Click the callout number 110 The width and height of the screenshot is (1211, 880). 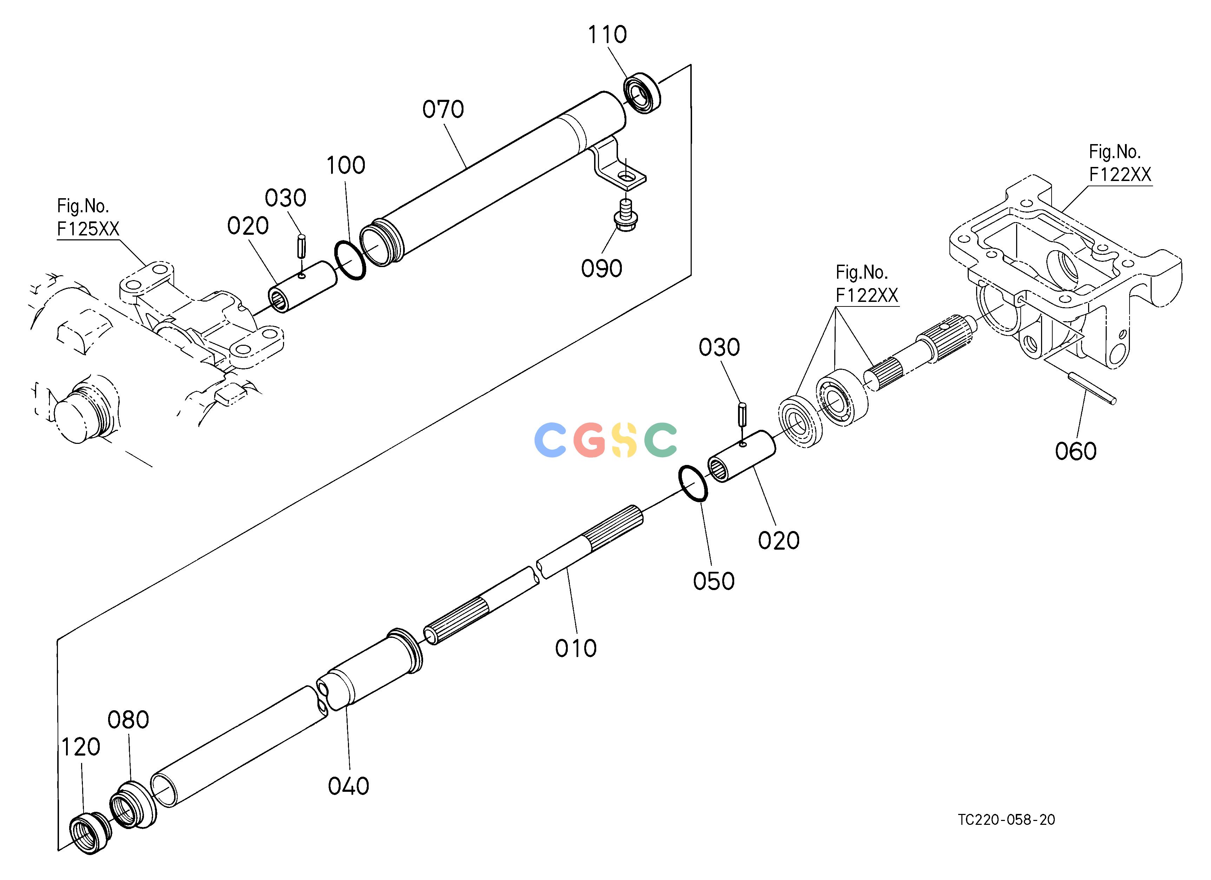607,35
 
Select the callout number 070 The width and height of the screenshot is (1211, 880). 443,110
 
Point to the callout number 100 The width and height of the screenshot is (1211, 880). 346,166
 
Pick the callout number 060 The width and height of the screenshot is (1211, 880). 1075,452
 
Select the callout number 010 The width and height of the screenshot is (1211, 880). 575,649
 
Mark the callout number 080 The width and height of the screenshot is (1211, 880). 128,720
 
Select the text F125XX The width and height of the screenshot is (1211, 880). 88,229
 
